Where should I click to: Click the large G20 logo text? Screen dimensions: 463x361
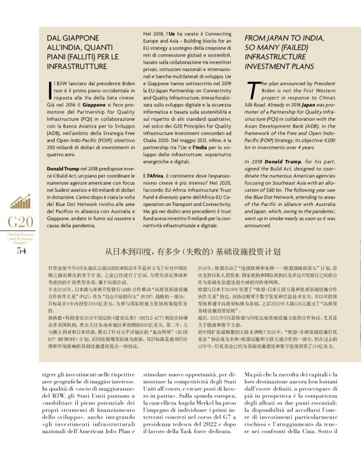(x=21, y=222)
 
